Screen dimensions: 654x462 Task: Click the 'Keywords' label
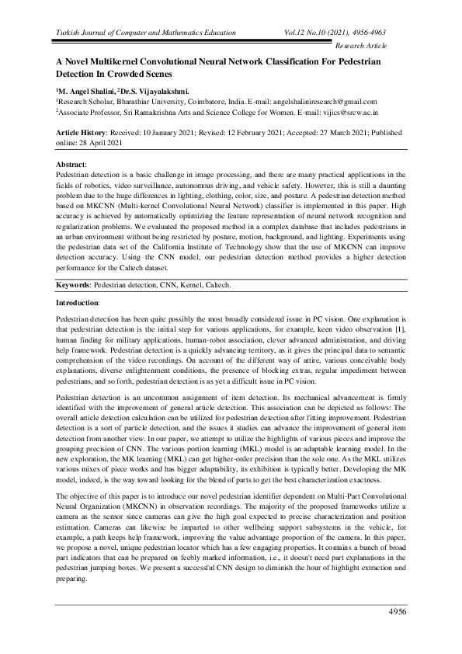[x=75, y=286]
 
